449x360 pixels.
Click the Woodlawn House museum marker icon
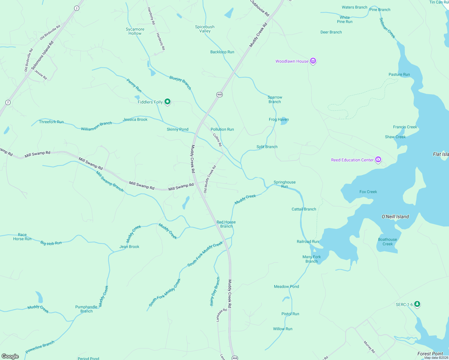pos(313,61)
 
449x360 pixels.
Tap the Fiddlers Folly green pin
pos(167,102)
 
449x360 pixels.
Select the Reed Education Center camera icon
pos(378,160)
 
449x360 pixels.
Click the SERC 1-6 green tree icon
pos(417,304)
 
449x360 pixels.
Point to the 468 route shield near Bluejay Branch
pos(219,94)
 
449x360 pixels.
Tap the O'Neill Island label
pos(395,217)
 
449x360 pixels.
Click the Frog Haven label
pos(279,119)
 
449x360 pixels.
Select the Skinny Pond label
pos(177,129)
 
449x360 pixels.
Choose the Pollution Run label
pos(222,129)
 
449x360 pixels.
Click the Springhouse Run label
pos(285,184)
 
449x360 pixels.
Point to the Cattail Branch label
pos(304,209)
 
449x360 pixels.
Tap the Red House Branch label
pos(226,224)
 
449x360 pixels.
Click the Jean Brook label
pos(129,247)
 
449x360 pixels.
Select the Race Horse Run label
pos(22,237)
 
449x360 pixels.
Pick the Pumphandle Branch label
pos(86,309)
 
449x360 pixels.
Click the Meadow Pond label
pos(286,286)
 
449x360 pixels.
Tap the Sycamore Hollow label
pos(135,31)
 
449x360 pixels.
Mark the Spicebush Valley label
pos(205,29)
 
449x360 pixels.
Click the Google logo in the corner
pos(10,356)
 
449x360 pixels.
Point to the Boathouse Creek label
pos(387,241)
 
